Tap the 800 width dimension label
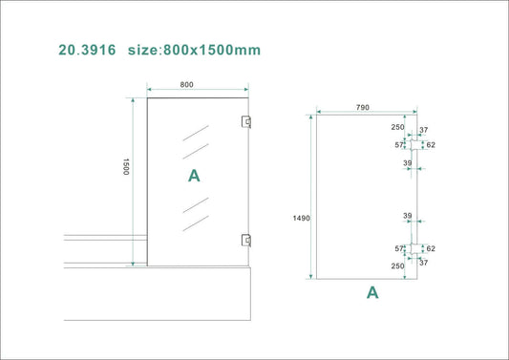186,85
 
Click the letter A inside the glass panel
194,176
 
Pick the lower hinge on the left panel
246,240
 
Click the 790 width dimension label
362,108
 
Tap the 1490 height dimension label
302,219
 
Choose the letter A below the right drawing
372,293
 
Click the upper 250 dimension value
396,127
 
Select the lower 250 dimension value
396,266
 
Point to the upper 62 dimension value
431,145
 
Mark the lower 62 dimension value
431,248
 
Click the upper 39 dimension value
407,163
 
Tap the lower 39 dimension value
407,216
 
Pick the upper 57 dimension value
400,145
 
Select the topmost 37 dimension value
424,131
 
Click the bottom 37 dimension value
424,263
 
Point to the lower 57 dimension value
400,248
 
